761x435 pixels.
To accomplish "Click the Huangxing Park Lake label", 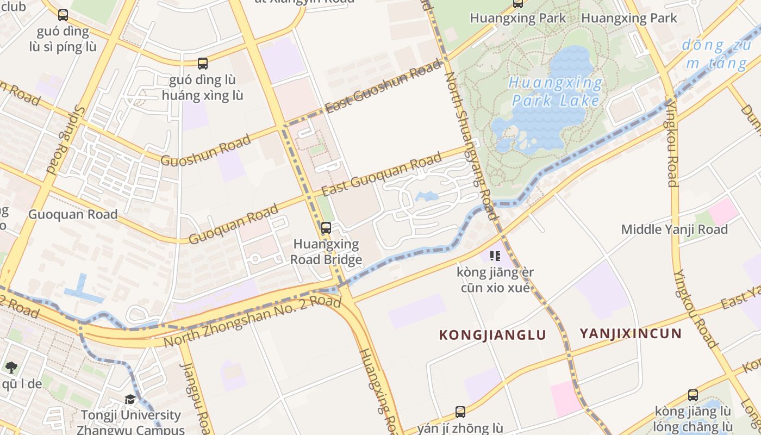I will (x=556, y=92).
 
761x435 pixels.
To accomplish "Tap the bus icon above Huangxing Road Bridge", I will (x=326, y=228).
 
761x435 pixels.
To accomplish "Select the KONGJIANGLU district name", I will (x=492, y=335).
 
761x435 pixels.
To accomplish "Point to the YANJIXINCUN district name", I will (x=630, y=333).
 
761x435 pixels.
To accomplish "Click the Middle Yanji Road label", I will (x=674, y=229).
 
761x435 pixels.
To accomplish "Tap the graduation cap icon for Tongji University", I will (x=130, y=400).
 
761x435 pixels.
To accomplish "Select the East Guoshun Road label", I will (x=384, y=87).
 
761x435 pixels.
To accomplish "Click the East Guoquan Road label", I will (x=381, y=176).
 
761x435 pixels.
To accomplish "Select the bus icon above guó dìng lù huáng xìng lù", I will (x=203, y=64).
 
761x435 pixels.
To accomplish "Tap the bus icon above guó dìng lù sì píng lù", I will (x=63, y=15).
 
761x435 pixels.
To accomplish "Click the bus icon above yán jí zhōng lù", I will (x=460, y=412).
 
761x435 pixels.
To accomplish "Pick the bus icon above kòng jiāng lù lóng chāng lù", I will (x=693, y=395).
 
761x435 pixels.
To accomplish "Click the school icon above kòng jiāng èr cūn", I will (x=495, y=256).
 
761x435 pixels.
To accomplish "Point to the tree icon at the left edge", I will (x=11, y=367).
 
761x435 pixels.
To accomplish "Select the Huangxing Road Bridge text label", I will (x=326, y=252).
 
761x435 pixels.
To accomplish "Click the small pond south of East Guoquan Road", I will (x=427, y=196).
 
